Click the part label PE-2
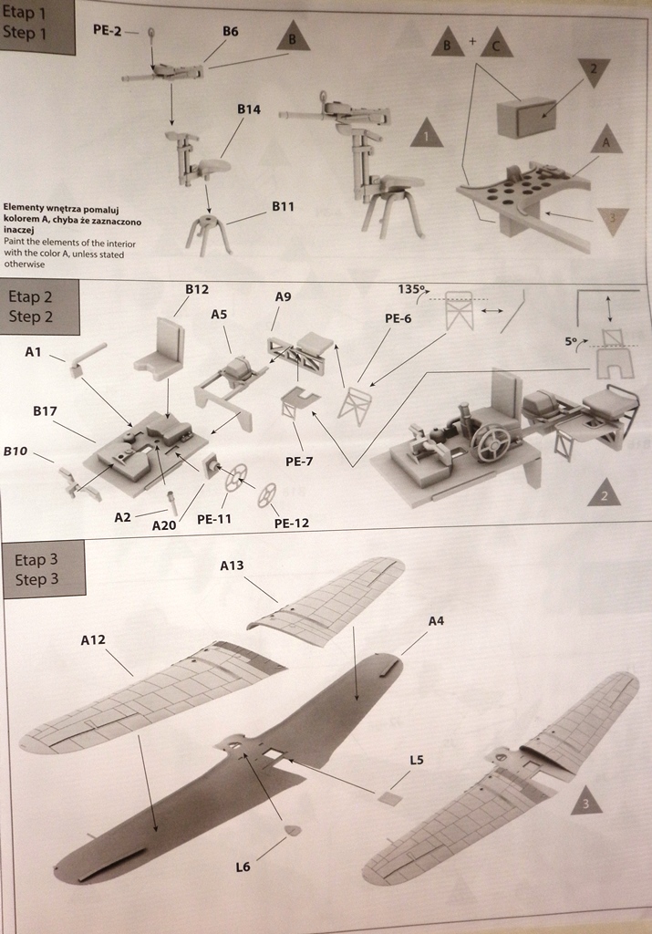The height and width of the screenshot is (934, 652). coord(108,30)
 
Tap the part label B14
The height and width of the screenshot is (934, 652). coord(249,109)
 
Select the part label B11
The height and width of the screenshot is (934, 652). coord(283,207)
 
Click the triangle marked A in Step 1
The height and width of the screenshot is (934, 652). coord(605,142)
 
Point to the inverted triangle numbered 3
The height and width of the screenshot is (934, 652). coord(613,220)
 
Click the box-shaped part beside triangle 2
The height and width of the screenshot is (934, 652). coord(526,117)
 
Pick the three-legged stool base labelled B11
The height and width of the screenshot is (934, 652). coord(208,232)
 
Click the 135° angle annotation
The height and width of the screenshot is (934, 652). coord(412,290)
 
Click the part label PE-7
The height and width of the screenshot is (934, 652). coord(299,462)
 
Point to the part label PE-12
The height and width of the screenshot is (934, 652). coord(291,523)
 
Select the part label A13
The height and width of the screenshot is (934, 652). coord(232,566)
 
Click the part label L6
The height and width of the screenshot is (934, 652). coord(243,867)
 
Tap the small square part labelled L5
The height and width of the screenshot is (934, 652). coord(390,798)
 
